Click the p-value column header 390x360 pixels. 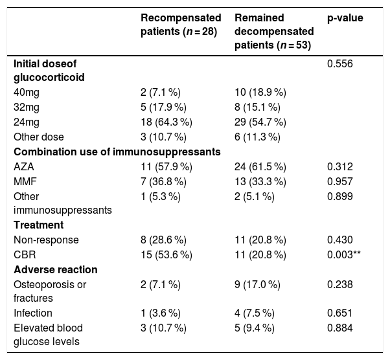point(345,18)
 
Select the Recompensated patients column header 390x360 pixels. point(181,25)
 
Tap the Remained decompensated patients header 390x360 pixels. point(274,32)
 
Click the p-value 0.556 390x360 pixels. point(339,64)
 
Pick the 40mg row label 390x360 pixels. point(27,93)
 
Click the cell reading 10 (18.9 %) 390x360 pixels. point(260,93)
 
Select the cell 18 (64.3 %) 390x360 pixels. point(166,122)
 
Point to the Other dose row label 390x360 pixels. point(39,137)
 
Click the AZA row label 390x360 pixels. point(23,167)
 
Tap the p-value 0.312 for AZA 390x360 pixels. point(339,167)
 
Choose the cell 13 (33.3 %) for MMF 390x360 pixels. point(260,182)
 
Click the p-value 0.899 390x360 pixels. point(339,197)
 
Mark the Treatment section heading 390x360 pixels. point(39,225)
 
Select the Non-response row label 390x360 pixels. point(46,240)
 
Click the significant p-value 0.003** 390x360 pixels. point(344,255)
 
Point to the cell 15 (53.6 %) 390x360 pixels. point(166,255)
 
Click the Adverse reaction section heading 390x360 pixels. point(56,270)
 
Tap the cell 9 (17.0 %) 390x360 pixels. point(257,285)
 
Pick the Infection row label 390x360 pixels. point(33,313)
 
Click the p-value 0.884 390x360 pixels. point(339,328)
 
